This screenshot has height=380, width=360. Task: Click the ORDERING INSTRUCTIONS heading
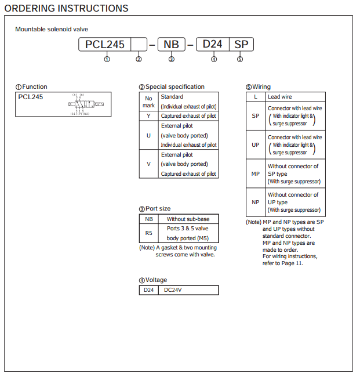pyautogui.click(x=67, y=8)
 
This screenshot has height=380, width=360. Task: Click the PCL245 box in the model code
pyautogui.click(x=105, y=44)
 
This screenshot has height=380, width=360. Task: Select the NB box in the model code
pyautogui.click(x=171, y=44)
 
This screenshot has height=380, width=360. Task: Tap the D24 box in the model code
pyautogui.click(x=213, y=44)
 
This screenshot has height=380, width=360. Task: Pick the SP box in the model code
pyautogui.click(x=241, y=44)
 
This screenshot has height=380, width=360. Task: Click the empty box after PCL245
pyautogui.click(x=139, y=44)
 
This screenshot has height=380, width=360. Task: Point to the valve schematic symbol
pyautogui.click(x=86, y=104)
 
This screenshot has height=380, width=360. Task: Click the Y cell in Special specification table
pyautogui.click(x=149, y=115)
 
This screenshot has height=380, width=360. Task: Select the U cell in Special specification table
pyautogui.click(x=149, y=135)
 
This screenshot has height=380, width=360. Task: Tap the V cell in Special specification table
pyautogui.click(x=149, y=164)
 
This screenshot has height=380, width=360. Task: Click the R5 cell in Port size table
pyautogui.click(x=149, y=233)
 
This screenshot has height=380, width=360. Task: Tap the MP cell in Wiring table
pyautogui.click(x=256, y=173)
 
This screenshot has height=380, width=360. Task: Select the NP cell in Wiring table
pyautogui.click(x=256, y=202)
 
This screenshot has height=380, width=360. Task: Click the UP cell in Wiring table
pyautogui.click(x=256, y=145)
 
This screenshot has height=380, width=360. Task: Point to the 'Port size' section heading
pyautogui.click(x=155, y=208)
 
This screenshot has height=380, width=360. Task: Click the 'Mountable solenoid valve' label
pyautogui.click(x=52, y=29)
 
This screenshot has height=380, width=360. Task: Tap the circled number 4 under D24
pyautogui.click(x=214, y=59)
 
